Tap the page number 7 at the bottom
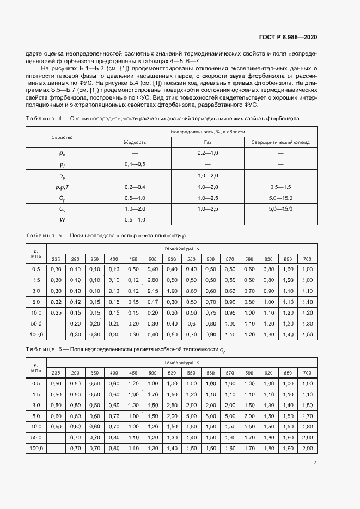click(x=315, y=463)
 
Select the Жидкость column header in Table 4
click(x=135, y=142)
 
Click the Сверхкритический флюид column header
click(x=280, y=142)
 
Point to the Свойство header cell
click(x=62, y=137)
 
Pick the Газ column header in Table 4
click(x=208, y=142)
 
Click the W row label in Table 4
click(x=62, y=219)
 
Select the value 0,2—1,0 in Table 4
click(x=208, y=154)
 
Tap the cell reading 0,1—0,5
click(x=135, y=164)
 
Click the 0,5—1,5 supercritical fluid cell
click(x=280, y=187)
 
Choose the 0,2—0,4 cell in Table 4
click(x=135, y=187)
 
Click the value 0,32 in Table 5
click(x=56, y=302)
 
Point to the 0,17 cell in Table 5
click(x=152, y=302)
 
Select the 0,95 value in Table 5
click(x=230, y=312)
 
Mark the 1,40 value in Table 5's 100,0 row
click(x=288, y=334)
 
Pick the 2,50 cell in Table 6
click(x=172, y=405)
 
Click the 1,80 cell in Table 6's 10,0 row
click(x=307, y=427)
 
